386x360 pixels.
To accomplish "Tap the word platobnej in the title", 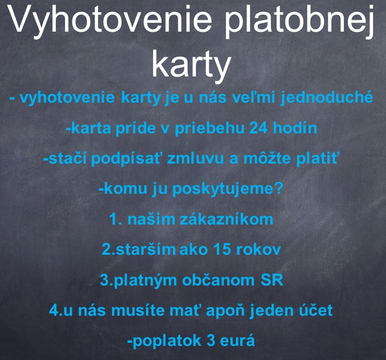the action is [x=300, y=21].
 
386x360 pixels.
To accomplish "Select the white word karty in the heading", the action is [x=191, y=65].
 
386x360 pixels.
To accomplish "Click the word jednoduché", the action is [x=327, y=97].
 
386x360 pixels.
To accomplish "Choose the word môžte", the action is [x=267, y=158].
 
